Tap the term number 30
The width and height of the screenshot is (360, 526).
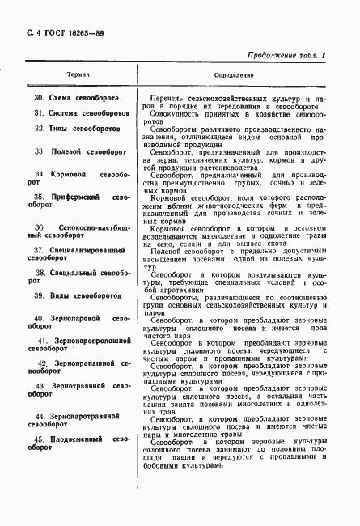[38, 98]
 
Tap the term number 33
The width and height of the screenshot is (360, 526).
[38, 151]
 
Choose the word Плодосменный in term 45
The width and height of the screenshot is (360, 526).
[80, 439]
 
